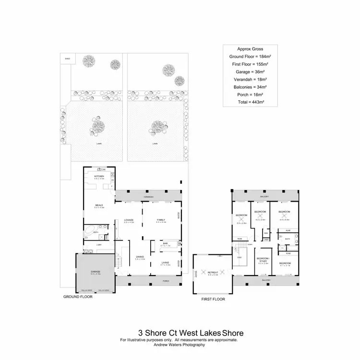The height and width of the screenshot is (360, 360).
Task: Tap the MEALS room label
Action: click(x=99, y=205)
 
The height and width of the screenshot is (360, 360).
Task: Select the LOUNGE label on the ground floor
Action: click(x=129, y=220)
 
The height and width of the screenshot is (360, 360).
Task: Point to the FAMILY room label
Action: click(x=161, y=220)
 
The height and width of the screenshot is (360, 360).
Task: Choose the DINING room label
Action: click(x=140, y=256)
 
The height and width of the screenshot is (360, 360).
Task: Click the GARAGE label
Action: click(x=95, y=272)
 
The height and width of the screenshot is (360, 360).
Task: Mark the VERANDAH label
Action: click(x=147, y=197)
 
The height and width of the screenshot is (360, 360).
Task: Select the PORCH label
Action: click(x=166, y=280)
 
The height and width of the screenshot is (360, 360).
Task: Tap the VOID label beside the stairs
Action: click(x=239, y=258)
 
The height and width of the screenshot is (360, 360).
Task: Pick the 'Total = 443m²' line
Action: click(x=249, y=102)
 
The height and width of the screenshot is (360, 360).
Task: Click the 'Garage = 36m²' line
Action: click(x=249, y=72)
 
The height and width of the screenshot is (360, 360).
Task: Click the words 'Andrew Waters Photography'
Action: click(x=179, y=344)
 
